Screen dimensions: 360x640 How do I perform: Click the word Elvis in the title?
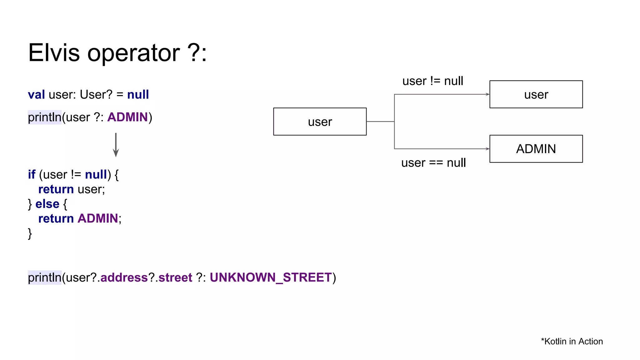tap(54, 53)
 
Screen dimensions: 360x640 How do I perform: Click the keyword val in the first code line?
tap(36, 94)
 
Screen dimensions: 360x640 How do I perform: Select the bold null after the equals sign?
tap(138, 94)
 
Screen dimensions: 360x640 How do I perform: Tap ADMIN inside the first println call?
tap(127, 117)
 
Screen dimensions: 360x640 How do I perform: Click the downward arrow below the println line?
tap(116, 145)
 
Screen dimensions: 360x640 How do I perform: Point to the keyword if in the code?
tap(32, 174)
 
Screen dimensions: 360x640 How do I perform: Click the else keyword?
tap(47, 204)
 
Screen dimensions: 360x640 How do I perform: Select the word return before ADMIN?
tap(56, 218)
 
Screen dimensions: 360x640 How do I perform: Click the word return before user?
tap(56, 189)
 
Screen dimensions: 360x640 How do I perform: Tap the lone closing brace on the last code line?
tap(30, 233)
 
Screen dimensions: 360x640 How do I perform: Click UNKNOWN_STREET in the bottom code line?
tap(271, 277)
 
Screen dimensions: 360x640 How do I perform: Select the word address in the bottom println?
tap(124, 277)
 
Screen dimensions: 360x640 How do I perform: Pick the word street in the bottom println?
tap(175, 277)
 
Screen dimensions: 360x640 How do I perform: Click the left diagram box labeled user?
tap(320, 122)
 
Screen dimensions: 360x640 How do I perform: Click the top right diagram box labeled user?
tap(536, 94)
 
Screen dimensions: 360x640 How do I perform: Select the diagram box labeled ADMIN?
tap(536, 149)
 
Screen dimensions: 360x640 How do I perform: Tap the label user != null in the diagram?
tap(432, 81)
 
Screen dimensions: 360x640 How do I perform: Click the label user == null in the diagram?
tap(433, 163)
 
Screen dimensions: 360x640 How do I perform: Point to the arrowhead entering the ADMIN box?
tap(487, 149)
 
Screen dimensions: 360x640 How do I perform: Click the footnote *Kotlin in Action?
tap(572, 341)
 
